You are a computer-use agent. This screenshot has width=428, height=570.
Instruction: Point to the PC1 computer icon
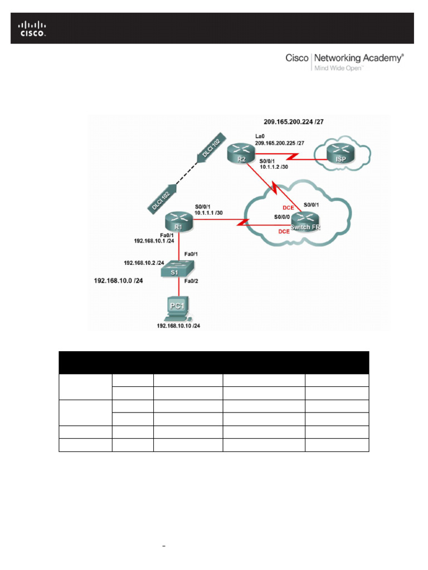pos(178,308)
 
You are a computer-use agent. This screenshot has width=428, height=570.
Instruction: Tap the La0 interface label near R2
pos(260,136)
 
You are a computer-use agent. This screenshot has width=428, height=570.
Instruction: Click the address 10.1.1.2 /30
pos(274,167)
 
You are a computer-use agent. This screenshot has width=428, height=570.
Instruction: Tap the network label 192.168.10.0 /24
pos(118,281)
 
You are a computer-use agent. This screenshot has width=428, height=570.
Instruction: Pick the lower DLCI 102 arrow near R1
pos(162,196)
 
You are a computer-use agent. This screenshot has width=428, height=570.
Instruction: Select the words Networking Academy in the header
pos(358,58)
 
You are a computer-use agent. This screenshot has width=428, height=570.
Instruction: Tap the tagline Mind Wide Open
pos(338,68)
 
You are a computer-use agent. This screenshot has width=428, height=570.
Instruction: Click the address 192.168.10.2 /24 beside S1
pos(144,262)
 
